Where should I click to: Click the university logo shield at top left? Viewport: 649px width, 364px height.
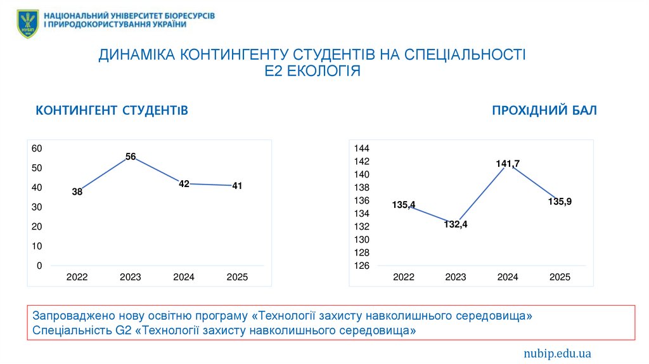coord(27,22)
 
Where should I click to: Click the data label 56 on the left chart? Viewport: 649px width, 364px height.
coord(131,156)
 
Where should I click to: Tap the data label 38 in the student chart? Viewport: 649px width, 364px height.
coord(77,192)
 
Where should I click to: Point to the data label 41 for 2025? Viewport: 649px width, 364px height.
coord(237,186)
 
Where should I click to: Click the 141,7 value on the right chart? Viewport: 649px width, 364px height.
coord(508,164)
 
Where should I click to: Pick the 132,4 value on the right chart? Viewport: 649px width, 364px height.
coord(456,224)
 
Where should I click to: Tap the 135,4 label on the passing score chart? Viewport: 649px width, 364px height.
coord(404,204)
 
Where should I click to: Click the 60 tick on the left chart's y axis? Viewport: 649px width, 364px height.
coord(37,148)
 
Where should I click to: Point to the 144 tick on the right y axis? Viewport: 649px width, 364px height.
coord(362,148)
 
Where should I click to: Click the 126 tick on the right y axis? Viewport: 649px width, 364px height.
coord(362,266)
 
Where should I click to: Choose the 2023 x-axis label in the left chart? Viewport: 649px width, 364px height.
coord(131,277)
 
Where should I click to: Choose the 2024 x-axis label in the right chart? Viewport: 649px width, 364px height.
coord(508,277)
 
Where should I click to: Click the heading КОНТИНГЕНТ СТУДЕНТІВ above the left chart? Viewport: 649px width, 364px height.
coord(112,111)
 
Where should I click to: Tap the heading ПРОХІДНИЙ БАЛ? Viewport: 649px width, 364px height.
coord(544,111)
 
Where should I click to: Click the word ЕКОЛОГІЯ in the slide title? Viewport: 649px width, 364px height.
coord(324,71)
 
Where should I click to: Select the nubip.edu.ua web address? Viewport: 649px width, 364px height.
coord(557,353)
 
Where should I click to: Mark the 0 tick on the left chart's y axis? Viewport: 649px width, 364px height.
coord(39,266)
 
